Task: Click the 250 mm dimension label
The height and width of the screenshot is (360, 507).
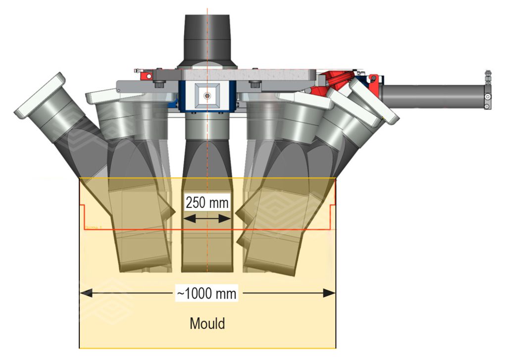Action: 207,203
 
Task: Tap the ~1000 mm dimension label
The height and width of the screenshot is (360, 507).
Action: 207,293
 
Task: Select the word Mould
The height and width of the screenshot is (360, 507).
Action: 207,324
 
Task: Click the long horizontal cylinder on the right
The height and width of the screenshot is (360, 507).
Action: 431,92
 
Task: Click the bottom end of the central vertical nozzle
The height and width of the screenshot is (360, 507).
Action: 207,267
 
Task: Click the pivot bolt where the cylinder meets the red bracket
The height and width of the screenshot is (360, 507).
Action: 372,79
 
